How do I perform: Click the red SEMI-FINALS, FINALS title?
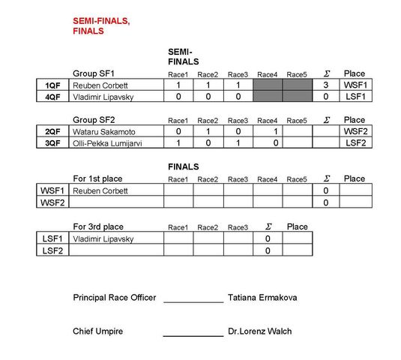pos(101,25)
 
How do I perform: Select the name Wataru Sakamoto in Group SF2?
pos(104,132)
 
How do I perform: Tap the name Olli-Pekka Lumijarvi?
pos(107,143)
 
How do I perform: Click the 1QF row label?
pos(52,85)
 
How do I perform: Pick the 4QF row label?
pos(52,97)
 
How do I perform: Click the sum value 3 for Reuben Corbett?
pos(325,85)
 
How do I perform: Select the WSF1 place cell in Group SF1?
pos(355,85)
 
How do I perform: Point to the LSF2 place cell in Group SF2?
pos(357,142)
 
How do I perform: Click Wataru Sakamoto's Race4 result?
pos(275,131)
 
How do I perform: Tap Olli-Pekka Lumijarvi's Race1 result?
pos(178,142)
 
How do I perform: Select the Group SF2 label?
pos(94,120)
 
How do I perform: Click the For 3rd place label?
pos(98,226)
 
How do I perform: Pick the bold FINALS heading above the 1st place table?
pos(184,166)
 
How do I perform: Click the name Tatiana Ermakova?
pos(262,298)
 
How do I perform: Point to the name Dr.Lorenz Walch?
pos(260,331)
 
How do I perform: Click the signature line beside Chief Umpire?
pos(193,336)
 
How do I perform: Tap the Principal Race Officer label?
pos(115,298)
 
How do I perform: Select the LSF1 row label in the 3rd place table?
pos(52,238)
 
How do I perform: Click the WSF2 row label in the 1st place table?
pos(52,202)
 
